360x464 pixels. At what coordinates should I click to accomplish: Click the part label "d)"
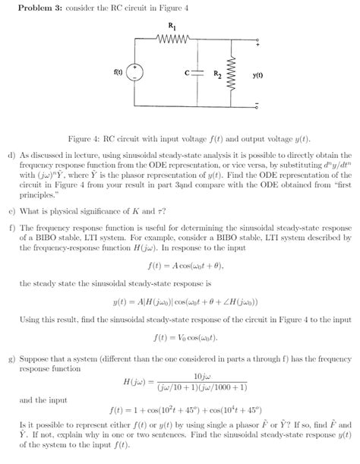[x=12, y=155]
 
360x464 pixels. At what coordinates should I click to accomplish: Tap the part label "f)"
[x=12, y=226]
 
